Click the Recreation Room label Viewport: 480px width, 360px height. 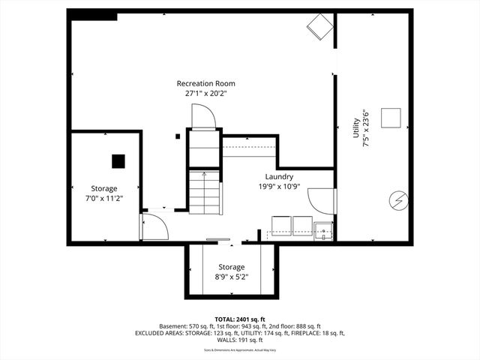(205, 83)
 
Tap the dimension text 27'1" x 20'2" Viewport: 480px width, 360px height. (205, 94)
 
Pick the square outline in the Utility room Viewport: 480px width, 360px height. (391, 118)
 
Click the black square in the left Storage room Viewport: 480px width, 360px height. (118, 160)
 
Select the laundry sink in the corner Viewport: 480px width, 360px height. (323, 230)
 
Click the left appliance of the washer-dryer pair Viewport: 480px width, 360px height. (281, 224)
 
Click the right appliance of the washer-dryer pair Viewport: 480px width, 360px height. (302, 224)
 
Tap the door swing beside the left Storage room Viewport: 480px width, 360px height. (154, 226)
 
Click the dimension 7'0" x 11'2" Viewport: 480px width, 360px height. (105, 199)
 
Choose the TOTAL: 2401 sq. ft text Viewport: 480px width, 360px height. (239, 319)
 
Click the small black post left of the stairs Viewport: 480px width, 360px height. (177, 136)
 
